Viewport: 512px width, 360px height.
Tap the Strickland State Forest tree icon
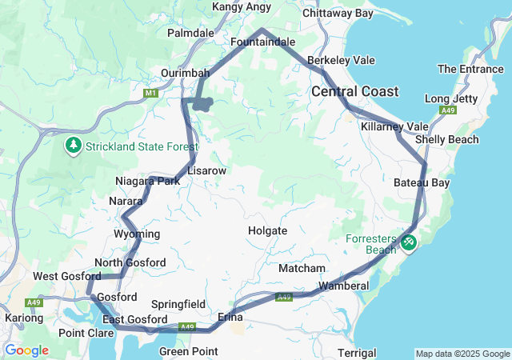(x=74, y=145)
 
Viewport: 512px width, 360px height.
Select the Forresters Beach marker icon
(x=409, y=241)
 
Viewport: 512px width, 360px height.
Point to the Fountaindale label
(x=262, y=41)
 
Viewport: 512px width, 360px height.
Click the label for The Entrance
(x=470, y=70)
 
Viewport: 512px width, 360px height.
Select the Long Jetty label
(x=451, y=98)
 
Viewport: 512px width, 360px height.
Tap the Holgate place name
(x=267, y=230)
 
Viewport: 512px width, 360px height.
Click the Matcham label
(x=302, y=268)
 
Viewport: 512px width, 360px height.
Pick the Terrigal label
(x=357, y=353)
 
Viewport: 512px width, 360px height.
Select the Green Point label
(x=188, y=351)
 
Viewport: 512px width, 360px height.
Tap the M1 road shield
(x=150, y=94)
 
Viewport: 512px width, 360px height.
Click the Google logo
(x=26, y=350)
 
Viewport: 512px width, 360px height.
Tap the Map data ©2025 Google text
(x=462, y=354)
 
